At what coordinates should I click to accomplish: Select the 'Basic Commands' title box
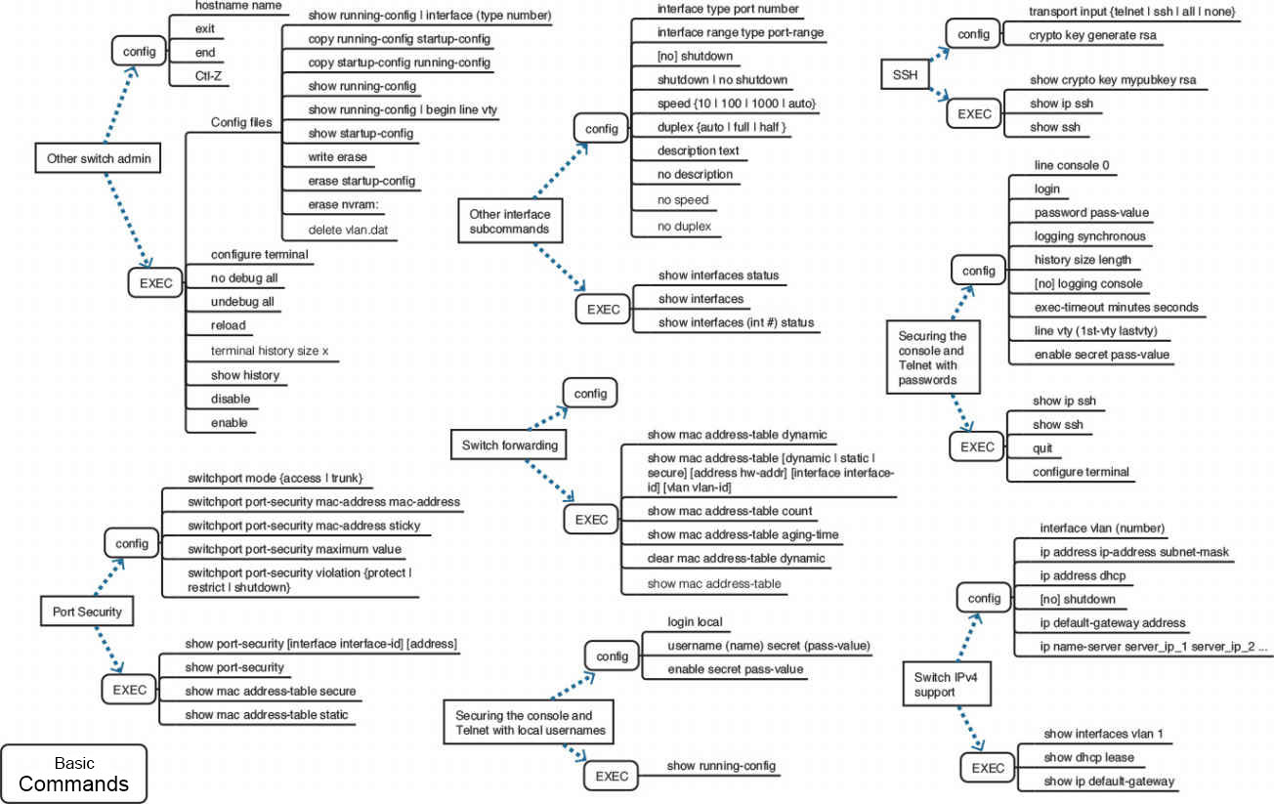[x=74, y=774]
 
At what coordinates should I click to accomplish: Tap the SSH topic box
[x=906, y=75]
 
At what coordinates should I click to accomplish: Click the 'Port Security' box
[x=87, y=613]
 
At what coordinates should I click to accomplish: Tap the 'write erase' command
[x=337, y=156]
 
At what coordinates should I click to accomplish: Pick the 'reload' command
[x=229, y=325]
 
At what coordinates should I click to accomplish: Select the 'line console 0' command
[x=1072, y=165]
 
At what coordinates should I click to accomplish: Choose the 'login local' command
[x=695, y=621]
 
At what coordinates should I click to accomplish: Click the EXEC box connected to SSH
[x=974, y=114]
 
